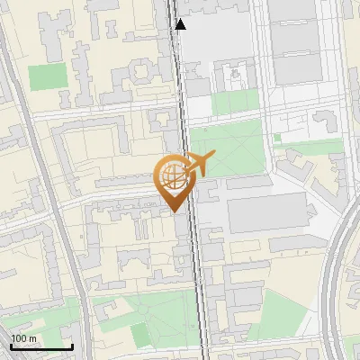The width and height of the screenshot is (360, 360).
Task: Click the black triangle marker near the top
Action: click(181, 24)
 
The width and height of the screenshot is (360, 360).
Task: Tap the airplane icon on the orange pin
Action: click(196, 165)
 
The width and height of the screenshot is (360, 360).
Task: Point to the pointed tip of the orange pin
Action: click(173, 211)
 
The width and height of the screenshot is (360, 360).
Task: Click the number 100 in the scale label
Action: click(19, 338)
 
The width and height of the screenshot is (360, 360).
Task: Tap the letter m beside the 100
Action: click(32, 338)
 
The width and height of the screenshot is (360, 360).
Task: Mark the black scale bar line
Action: click(41, 347)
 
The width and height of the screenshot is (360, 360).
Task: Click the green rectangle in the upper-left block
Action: click(42, 77)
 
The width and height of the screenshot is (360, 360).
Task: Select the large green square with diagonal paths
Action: click(227, 148)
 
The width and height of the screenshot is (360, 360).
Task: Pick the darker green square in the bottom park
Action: click(141, 335)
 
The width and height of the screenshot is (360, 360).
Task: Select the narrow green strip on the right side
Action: click(315, 145)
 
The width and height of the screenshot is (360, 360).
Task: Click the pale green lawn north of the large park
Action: click(236, 103)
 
